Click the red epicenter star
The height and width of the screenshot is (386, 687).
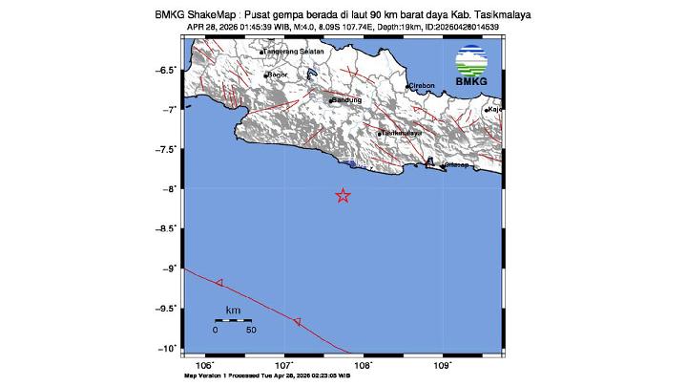(343, 196)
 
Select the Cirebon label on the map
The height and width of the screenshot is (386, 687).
(422, 85)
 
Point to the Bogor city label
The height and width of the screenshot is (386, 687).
(278, 74)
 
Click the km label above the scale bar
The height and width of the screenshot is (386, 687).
(233, 310)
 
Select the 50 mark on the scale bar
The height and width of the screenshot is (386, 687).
(251, 331)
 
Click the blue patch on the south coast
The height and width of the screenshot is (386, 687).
(354, 165)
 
